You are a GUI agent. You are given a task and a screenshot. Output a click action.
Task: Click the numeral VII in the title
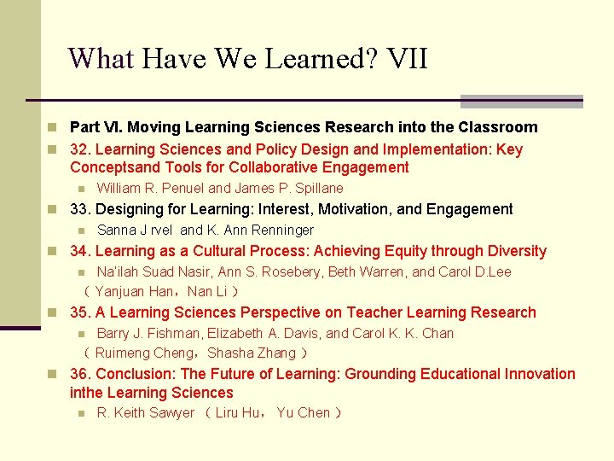pos(407,59)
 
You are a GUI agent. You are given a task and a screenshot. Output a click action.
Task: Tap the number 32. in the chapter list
pos(81,149)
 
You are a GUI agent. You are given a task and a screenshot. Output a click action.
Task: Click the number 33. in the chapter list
pos(81,209)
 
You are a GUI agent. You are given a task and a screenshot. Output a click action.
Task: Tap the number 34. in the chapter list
pos(81,251)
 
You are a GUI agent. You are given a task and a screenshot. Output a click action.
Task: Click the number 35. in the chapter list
pos(81,312)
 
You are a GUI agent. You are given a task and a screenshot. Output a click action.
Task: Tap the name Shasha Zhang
pos(252,353)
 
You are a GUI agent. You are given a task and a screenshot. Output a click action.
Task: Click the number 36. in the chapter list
pos(81,374)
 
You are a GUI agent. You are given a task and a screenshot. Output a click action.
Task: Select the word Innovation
pos(538,374)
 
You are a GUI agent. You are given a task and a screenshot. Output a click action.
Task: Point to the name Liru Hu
pos(239,413)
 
